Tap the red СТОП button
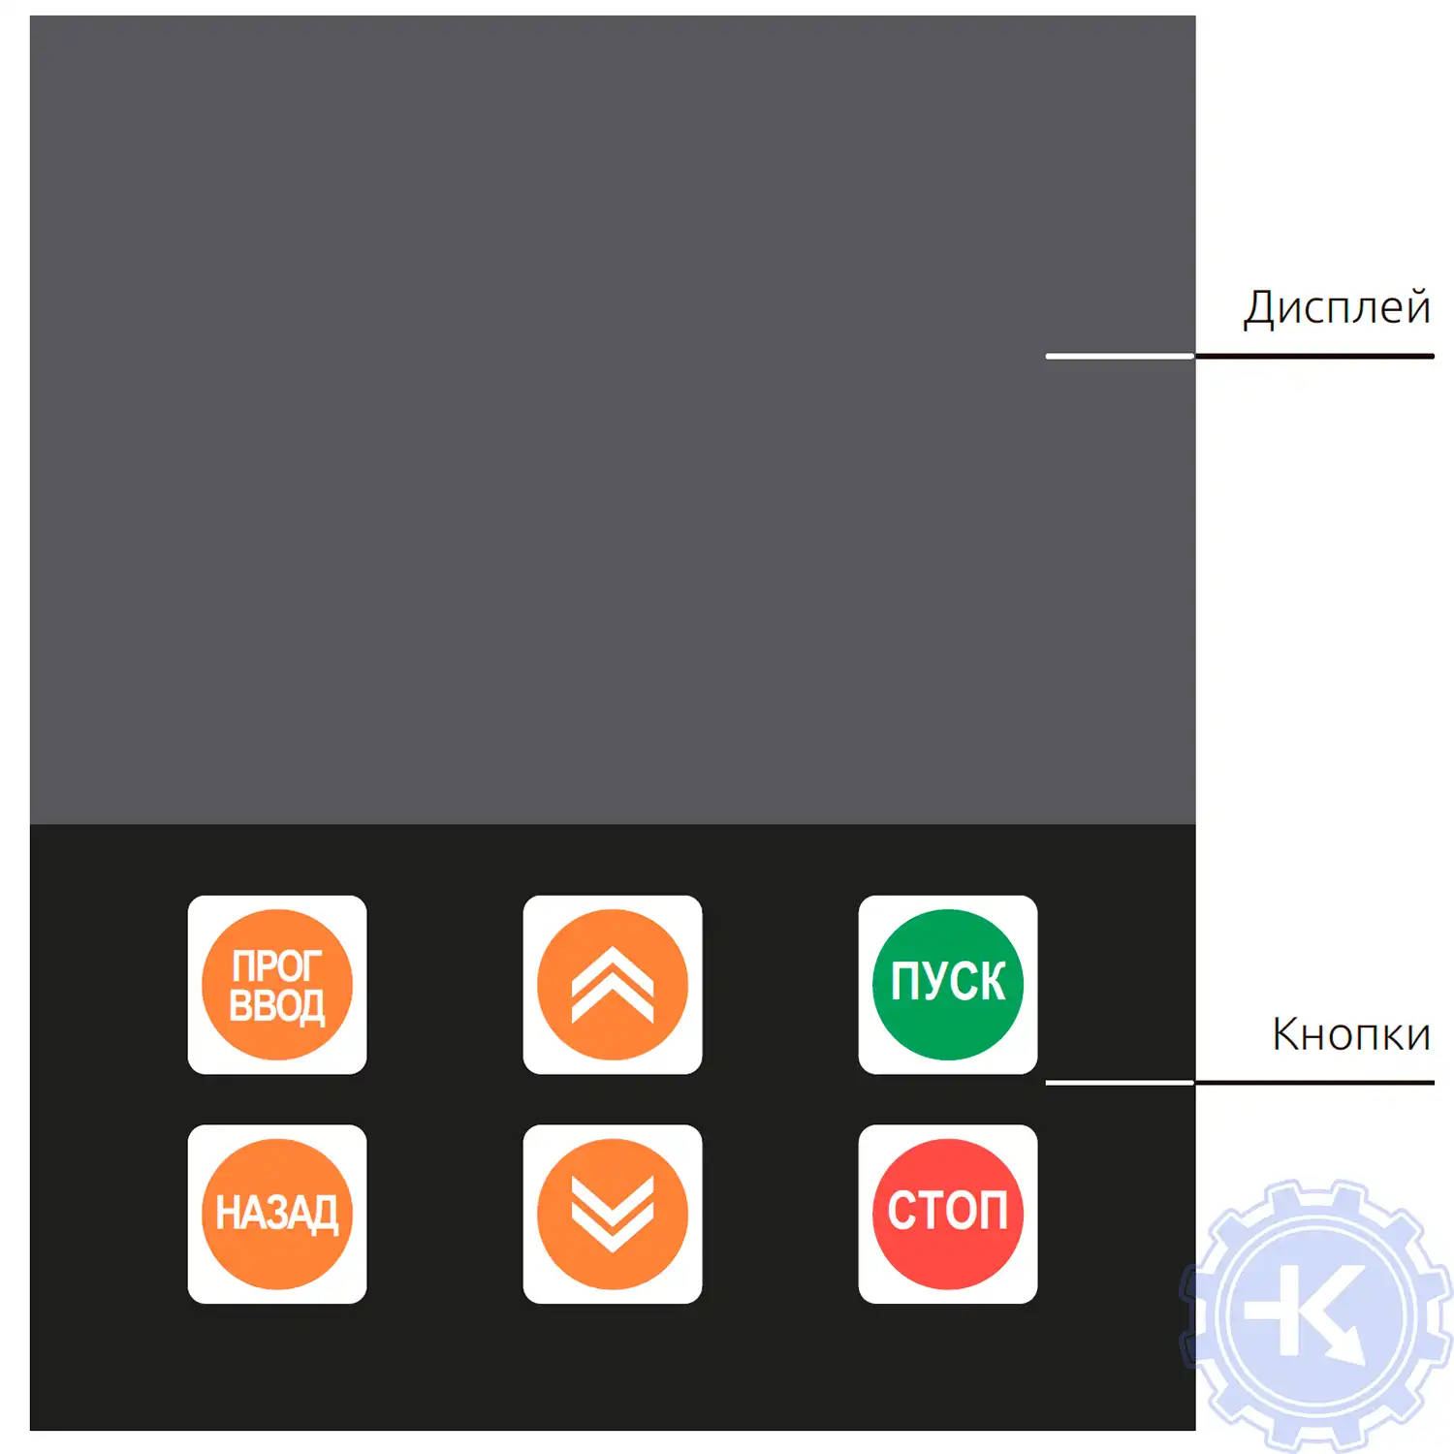click(x=947, y=1214)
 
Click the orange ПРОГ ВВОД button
click(x=277, y=985)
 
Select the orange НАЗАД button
click(x=277, y=1214)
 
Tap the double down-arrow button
click(x=613, y=1214)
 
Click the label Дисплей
click(x=1337, y=308)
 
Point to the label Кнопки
click(x=1351, y=1035)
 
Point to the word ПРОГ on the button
click(x=276, y=966)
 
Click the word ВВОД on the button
click(x=277, y=1006)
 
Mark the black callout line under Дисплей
click(x=1314, y=357)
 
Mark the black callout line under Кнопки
click(x=1314, y=1082)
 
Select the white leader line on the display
click(x=1120, y=357)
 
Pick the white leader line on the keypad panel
click(x=1120, y=1082)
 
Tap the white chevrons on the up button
click(x=613, y=985)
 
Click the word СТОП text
click(x=947, y=1212)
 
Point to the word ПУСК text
click(x=947, y=981)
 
